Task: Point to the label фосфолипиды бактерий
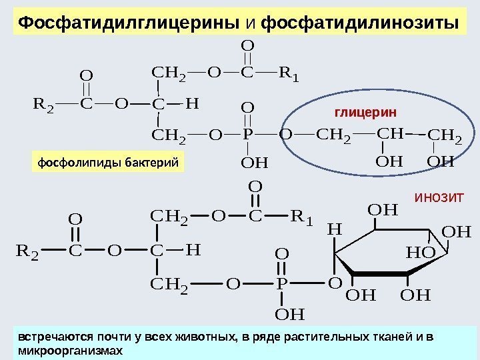[x=107, y=162]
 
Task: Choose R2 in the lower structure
[x=27, y=251]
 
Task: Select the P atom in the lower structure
[x=281, y=285]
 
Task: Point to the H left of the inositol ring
[x=334, y=229]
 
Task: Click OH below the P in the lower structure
[x=289, y=312]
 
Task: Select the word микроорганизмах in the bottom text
[x=71, y=349]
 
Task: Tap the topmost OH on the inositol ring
[x=382, y=211]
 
